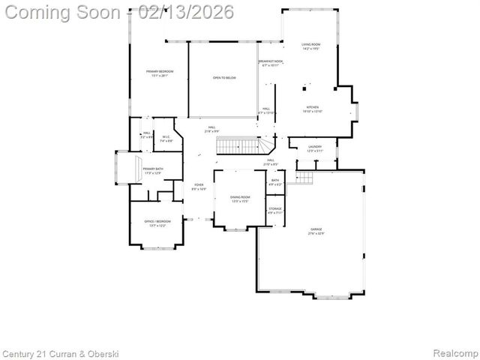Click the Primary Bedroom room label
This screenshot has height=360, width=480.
(159, 73)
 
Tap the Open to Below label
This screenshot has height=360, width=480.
(225, 77)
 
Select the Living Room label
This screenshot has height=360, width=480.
(311, 46)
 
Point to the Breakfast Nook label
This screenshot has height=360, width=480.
(271, 63)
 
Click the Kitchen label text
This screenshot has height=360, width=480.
(312, 109)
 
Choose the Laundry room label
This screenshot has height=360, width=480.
(314, 148)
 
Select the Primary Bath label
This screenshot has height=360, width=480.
(153, 171)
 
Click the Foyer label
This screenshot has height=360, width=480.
(199, 187)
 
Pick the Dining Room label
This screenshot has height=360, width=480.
(240, 199)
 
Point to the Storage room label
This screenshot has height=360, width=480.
(275, 210)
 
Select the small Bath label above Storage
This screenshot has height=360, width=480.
(275, 181)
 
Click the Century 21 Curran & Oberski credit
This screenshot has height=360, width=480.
(61, 353)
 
